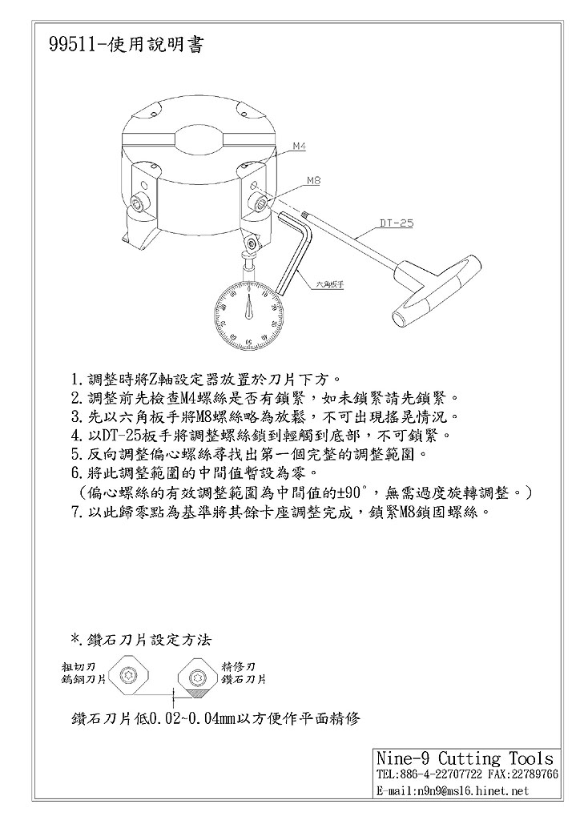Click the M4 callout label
point(299,147)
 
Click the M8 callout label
point(313,182)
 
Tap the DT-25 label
point(396,223)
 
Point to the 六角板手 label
point(329,283)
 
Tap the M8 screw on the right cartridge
point(260,203)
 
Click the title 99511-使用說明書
point(126,45)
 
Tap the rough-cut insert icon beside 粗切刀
point(126,677)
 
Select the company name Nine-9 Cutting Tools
point(465,758)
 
